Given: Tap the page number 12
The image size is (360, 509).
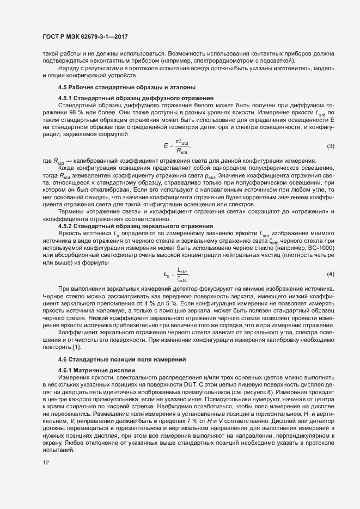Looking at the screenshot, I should point(45,463).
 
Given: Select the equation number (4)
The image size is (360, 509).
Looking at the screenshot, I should point(330,273).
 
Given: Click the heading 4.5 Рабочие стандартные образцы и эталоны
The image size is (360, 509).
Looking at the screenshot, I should point(120,88).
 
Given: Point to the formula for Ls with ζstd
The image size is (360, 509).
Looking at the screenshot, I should point(176,273).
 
